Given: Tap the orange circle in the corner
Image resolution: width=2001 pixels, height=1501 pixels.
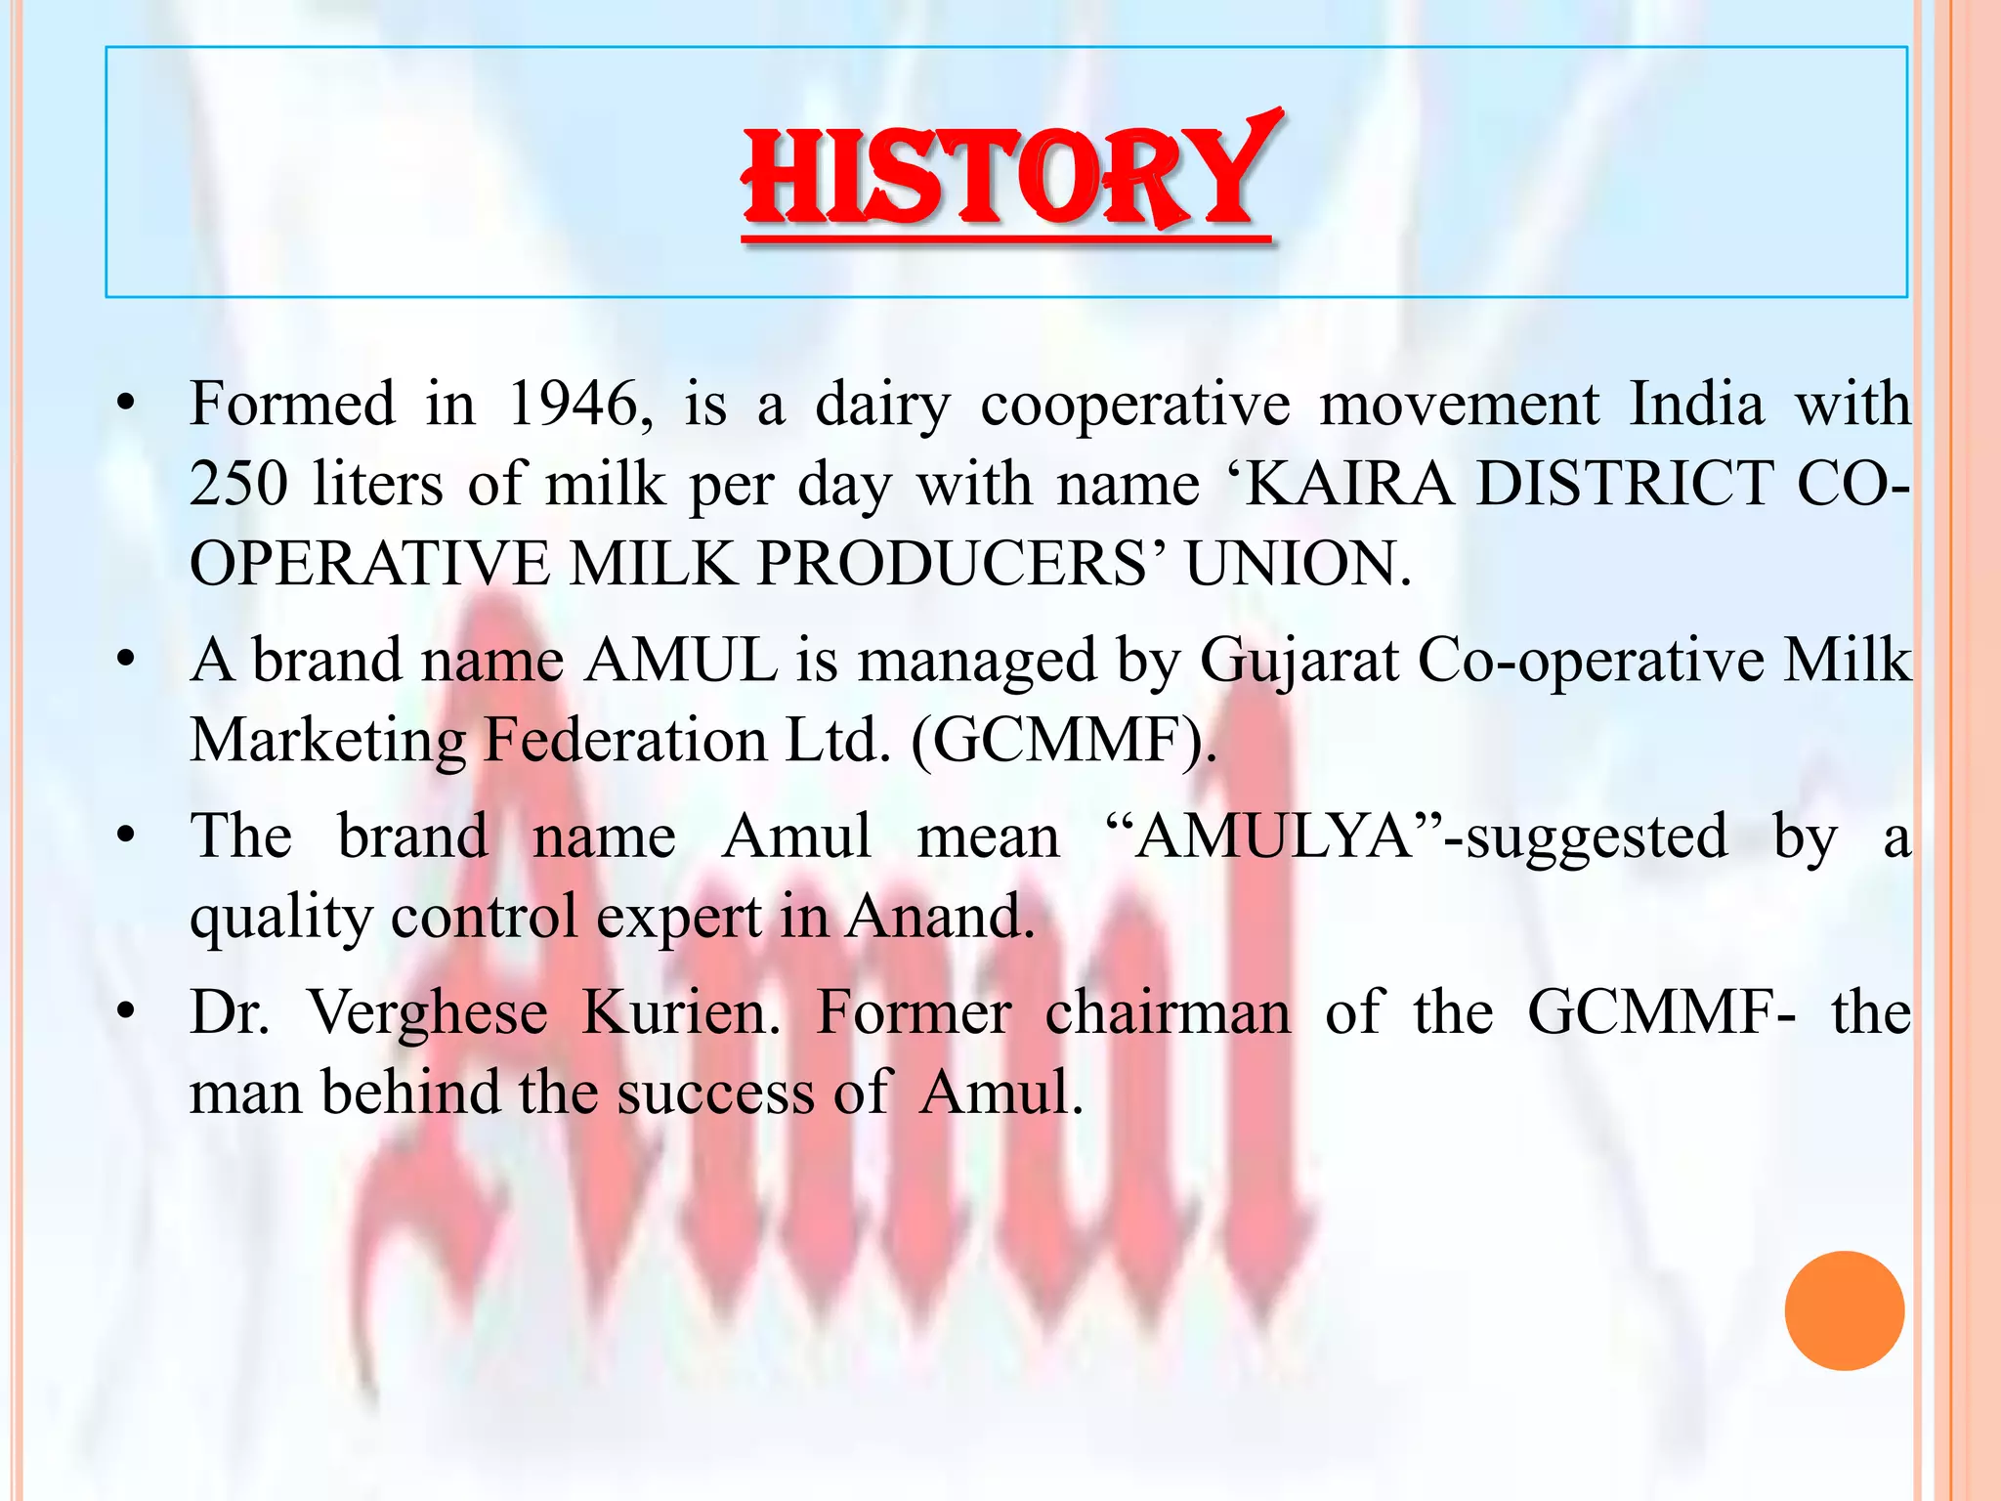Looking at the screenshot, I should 1844,1310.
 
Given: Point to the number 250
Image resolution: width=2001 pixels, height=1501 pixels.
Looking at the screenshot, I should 238,484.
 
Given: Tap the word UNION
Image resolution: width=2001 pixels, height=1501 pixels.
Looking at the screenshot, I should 1299,564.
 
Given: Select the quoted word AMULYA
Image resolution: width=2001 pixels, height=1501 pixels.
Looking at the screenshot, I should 1275,837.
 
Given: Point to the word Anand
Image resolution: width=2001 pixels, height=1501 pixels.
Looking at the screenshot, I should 939,917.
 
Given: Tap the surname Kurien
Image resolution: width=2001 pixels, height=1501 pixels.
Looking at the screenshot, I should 681,1013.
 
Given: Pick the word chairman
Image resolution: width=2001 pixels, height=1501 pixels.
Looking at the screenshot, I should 1168,1013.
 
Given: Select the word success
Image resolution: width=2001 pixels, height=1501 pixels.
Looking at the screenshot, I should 716,1093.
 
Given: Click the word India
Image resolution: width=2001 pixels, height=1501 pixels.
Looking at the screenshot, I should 1697,404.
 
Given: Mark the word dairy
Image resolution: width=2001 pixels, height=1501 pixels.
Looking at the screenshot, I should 882,406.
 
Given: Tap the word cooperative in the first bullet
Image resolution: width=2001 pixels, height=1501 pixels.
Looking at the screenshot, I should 1135,406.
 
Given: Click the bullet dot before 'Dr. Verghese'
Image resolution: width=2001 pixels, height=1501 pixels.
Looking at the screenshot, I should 124,1013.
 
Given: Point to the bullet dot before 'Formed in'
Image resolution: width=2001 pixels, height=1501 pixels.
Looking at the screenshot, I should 124,404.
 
